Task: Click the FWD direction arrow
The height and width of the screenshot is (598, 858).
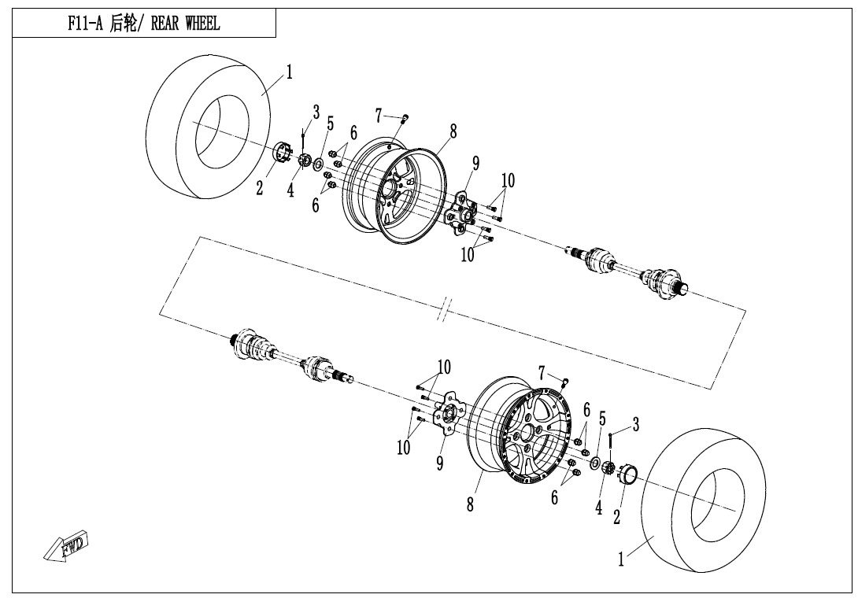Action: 65,545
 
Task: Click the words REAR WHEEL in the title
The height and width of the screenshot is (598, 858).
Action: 185,24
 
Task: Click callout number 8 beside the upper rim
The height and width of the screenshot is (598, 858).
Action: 453,131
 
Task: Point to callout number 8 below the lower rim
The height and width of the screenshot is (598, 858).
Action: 470,504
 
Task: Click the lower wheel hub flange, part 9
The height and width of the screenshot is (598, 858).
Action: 448,414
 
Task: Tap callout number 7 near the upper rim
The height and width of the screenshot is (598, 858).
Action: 378,116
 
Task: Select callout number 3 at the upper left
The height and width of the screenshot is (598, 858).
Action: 316,113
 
